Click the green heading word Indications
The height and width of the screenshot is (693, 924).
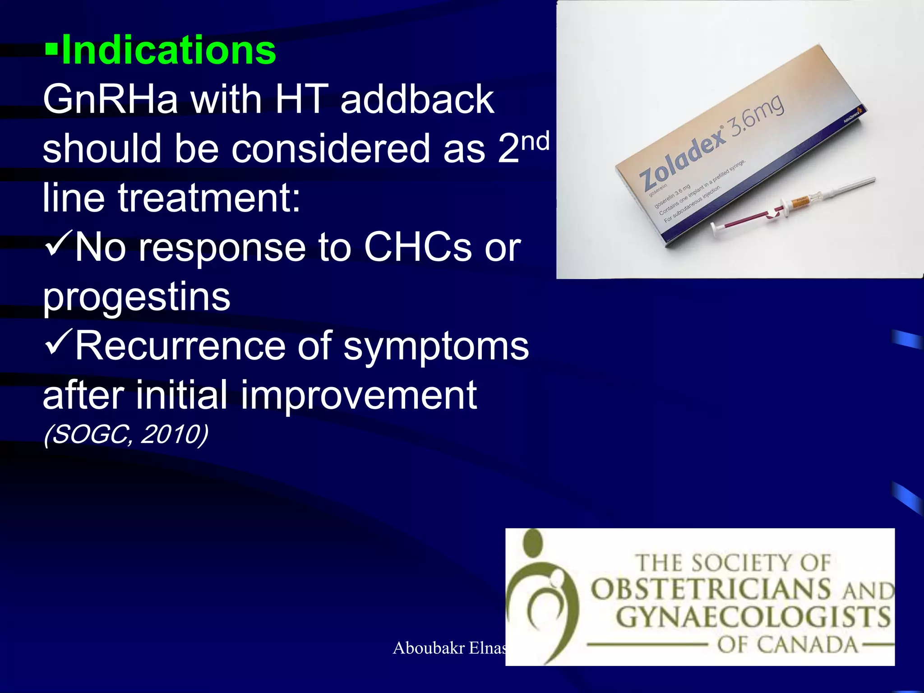[168, 51]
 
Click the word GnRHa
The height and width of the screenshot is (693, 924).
[111, 100]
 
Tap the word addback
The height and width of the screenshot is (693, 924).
[417, 100]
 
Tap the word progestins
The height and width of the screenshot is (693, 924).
[136, 297]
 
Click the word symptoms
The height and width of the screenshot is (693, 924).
[436, 346]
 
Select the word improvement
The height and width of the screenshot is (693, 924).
[358, 396]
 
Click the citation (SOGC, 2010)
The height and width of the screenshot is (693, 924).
[126, 435]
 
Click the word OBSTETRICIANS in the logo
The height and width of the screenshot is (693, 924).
[711, 589]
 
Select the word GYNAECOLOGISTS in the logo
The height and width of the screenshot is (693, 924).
[753, 618]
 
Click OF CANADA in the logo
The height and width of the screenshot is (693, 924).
[787, 645]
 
